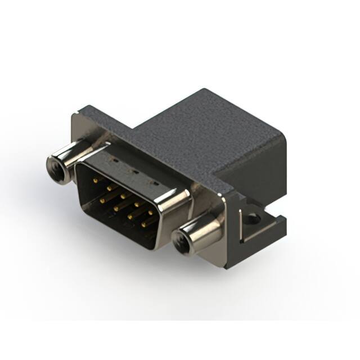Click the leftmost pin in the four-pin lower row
coord(102,199)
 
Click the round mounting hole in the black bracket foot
coord(254,217)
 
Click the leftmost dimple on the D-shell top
coord(116,161)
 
